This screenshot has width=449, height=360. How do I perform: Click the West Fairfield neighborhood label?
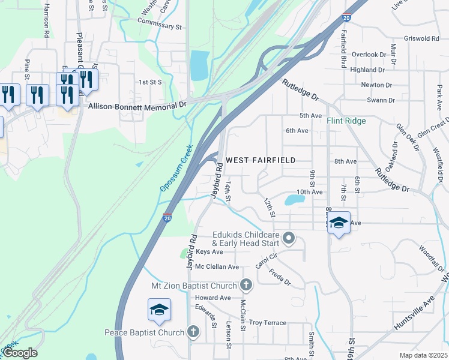coord(261,160)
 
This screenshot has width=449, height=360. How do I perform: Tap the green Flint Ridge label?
coord(346,121)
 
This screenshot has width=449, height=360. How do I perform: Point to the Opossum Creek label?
coord(176,169)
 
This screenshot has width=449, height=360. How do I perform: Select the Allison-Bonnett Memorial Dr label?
coord(137,106)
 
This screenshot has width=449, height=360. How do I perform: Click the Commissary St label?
coord(159,26)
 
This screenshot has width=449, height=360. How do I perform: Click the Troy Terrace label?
coord(268,323)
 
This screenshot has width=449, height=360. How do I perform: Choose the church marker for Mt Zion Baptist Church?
coord(245,284)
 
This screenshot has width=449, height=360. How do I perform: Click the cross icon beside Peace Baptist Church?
coord(193,331)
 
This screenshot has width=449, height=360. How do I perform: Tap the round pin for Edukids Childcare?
coord(289,238)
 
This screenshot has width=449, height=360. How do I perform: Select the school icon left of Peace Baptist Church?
coord(159,310)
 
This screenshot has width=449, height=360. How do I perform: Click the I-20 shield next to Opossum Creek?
coord(167,218)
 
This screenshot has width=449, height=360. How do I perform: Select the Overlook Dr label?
coord(369,55)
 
